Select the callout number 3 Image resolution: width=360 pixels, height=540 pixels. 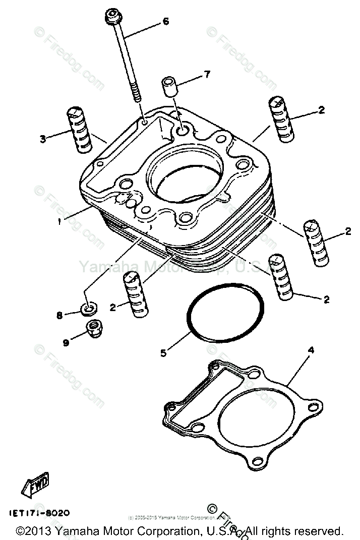point(43,138)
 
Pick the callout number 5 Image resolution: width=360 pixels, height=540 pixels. point(163,353)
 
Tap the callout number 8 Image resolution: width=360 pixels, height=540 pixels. point(59,315)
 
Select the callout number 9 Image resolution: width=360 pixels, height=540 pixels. point(66,342)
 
